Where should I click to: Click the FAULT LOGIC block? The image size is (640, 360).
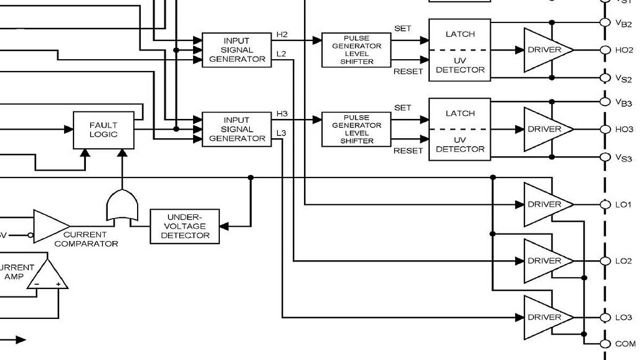(x=103, y=130)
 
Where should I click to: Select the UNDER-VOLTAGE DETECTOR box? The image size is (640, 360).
(x=185, y=226)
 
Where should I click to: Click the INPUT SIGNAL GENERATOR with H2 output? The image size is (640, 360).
(x=237, y=50)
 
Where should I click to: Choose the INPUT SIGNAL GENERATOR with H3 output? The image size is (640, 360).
(x=237, y=130)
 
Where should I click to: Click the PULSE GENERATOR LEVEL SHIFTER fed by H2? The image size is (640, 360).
(x=356, y=50)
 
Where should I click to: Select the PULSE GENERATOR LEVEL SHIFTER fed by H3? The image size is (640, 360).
(x=356, y=130)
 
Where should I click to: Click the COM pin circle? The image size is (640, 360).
(x=605, y=344)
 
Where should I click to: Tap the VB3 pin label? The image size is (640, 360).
(x=623, y=102)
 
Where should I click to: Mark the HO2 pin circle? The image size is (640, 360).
(x=605, y=50)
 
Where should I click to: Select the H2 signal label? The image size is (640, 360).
(x=282, y=35)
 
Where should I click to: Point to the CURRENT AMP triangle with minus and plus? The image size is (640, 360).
(x=47, y=276)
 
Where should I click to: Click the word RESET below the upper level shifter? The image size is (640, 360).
(x=408, y=71)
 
